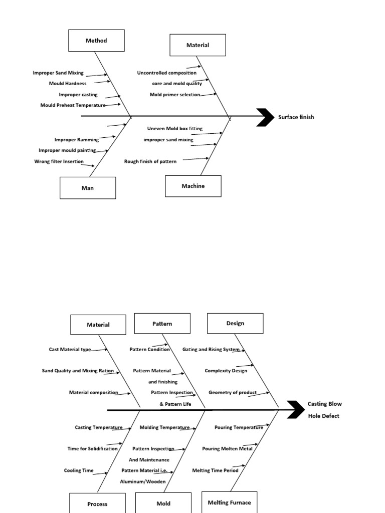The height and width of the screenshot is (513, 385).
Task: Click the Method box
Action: [96, 41]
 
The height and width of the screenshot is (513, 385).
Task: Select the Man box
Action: [88, 188]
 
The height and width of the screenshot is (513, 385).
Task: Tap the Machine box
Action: [193, 186]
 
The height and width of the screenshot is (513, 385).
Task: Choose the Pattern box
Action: [162, 324]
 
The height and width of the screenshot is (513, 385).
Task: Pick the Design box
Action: [235, 323]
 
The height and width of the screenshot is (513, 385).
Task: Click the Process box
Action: [97, 503]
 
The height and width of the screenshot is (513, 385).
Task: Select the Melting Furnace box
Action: [229, 502]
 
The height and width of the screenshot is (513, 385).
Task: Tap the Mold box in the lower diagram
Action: [163, 503]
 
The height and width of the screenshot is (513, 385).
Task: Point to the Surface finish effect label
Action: [296, 117]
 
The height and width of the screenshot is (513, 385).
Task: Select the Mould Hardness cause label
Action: [68, 83]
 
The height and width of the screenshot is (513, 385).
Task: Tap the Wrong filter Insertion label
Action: [59, 161]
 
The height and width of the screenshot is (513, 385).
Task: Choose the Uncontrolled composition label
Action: [166, 73]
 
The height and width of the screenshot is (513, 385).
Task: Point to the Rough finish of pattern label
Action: [150, 161]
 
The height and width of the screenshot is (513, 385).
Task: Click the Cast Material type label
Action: [70, 350]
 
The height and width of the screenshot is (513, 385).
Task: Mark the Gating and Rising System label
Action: [211, 349]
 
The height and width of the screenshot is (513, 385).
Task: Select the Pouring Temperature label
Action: [239, 427]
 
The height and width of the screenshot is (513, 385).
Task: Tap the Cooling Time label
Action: [79, 470]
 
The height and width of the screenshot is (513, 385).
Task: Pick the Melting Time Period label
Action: [215, 470]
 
